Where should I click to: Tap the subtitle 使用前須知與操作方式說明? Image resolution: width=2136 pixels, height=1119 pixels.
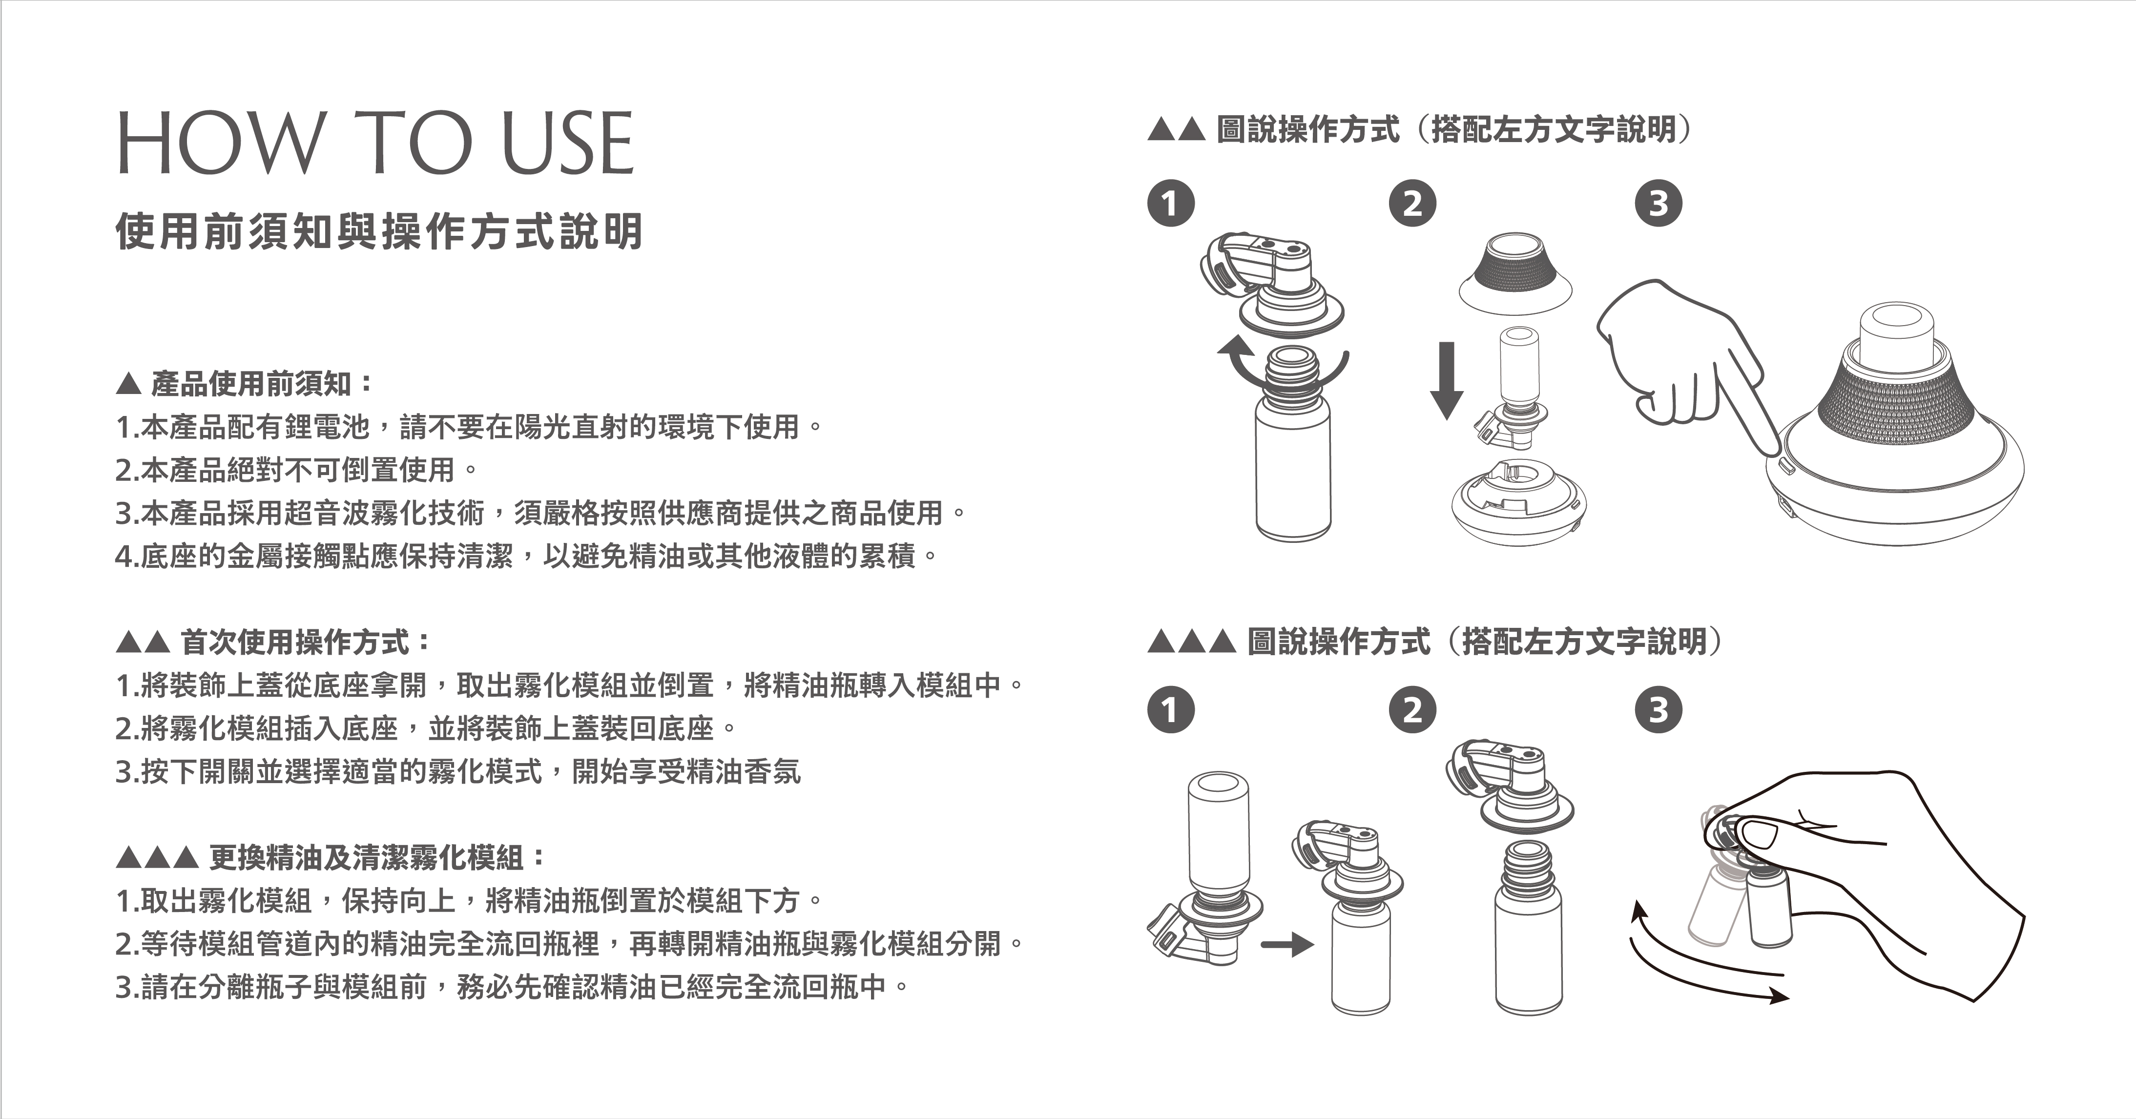click(x=379, y=231)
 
